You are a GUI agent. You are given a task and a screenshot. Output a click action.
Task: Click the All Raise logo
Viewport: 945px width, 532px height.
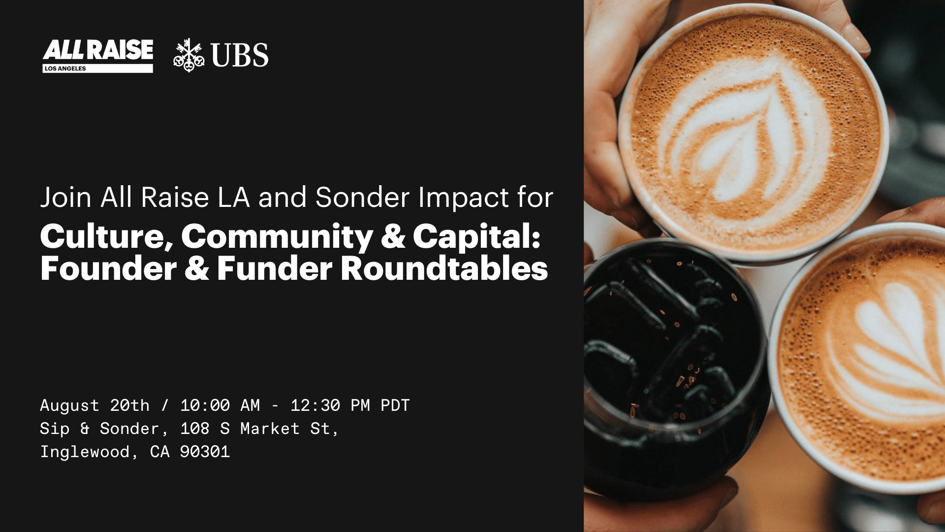click(97, 56)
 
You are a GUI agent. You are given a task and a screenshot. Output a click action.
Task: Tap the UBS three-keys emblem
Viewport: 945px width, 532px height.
click(189, 55)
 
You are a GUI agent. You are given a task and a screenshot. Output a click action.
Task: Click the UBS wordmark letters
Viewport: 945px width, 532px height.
click(239, 55)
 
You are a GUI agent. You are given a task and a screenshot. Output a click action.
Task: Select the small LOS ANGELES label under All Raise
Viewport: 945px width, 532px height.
click(65, 68)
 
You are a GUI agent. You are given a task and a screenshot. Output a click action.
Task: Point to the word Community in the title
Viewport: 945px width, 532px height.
click(277, 237)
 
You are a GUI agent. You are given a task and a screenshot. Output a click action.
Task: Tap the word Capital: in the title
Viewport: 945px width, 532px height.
click(476, 237)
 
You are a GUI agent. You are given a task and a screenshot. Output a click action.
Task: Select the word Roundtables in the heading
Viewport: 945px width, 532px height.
click(444, 268)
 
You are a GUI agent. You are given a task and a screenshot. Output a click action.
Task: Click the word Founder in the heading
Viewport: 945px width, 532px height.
click(108, 268)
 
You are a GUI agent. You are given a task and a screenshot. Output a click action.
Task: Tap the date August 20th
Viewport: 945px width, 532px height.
click(94, 405)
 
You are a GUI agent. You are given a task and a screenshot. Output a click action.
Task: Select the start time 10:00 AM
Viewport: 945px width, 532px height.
click(220, 405)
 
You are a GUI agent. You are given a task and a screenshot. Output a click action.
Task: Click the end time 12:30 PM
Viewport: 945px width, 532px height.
click(330, 405)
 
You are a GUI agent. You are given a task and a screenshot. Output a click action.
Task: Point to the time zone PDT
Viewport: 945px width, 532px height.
click(395, 405)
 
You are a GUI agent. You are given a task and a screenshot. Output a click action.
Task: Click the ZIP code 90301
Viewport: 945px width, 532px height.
click(205, 452)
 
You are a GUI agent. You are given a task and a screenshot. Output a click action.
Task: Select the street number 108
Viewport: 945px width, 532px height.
click(195, 429)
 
